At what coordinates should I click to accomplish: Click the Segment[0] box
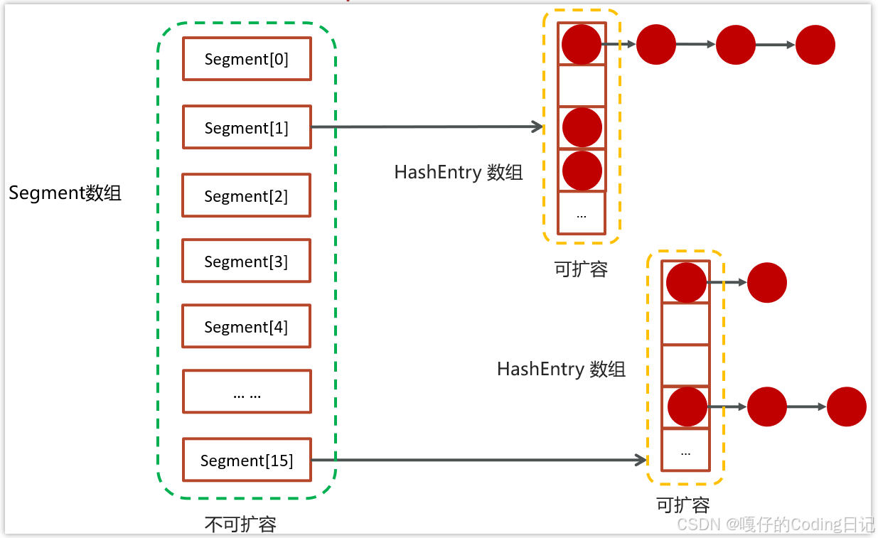pos(247,59)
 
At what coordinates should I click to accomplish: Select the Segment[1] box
pos(247,127)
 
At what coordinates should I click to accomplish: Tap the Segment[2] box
pos(247,195)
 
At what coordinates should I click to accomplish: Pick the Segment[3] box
pos(247,261)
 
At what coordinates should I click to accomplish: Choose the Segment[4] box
pos(247,326)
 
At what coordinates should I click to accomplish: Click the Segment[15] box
pos(247,460)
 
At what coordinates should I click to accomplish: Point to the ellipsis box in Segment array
pos(247,392)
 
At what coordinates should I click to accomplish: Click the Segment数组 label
pos(65,193)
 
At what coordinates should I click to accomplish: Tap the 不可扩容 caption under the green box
pos(240,524)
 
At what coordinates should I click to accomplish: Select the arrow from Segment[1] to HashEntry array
pos(427,127)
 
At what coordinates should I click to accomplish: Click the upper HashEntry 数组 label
pos(459,172)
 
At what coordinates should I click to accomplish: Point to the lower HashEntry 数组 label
pos(561,369)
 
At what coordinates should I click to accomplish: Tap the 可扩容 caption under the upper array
pos(581,269)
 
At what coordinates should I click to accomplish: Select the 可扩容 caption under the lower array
pos(683,505)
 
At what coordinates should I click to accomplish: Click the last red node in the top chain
pos(815,45)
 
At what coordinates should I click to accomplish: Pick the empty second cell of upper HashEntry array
pos(582,86)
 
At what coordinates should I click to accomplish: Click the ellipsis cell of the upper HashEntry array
pos(582,213)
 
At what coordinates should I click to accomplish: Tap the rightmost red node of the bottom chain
pos(847,407)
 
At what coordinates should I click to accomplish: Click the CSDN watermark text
pos(776,524)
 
